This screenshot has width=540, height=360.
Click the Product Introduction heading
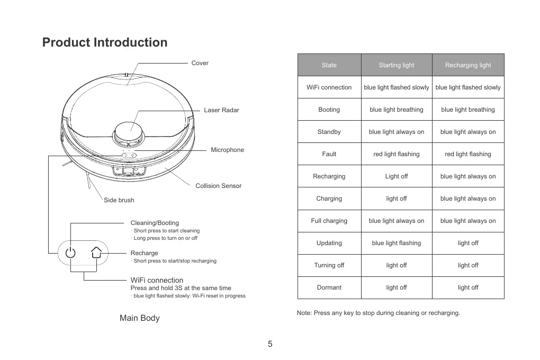pos(105,42)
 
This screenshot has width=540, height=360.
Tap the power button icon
pos(71,253)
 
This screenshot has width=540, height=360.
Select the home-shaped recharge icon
pos(96,253)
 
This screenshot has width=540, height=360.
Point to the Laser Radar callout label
pos(221,110)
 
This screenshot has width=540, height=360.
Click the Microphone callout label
pos(227,150)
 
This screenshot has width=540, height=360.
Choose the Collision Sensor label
pos(218,186)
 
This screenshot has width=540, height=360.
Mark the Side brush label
pos(119,200)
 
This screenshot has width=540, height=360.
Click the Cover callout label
pos(200,63)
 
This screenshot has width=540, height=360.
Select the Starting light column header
pos(397,65)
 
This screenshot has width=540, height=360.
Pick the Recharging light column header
pos(468,65)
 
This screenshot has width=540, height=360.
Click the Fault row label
pos(329,154)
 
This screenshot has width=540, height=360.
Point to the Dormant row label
pos(329,287)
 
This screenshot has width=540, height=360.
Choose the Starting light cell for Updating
pos(397,243)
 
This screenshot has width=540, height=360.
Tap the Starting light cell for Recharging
pos(397,176)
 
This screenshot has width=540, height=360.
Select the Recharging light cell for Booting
pos(468,110)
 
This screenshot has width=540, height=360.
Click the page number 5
pos(270,344)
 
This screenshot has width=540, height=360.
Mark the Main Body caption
pos(139,318)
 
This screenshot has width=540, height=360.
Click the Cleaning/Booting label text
pos(155,223)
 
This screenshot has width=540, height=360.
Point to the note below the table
pos(379,313)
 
